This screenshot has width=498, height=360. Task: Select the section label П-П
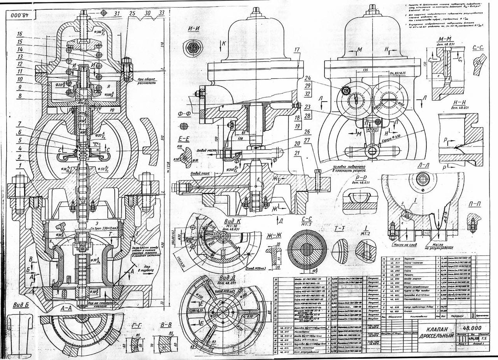[474, 205]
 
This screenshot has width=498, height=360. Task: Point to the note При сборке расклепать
[147, 81]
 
